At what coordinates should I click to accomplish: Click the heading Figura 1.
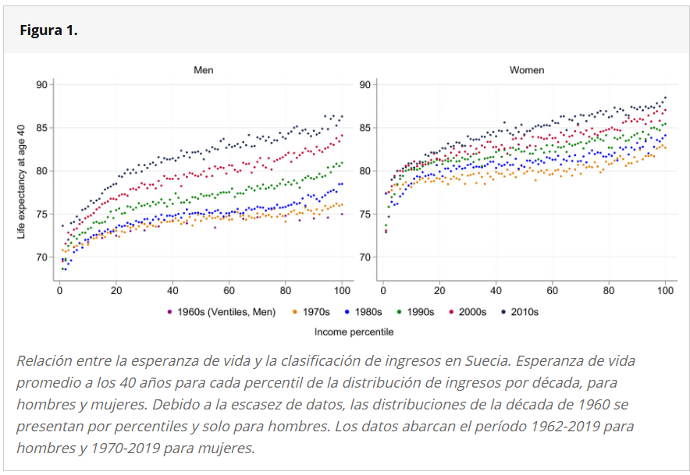click(48, 30)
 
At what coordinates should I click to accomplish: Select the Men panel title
click(204, 70)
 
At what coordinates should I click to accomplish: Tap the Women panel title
click(527, 70)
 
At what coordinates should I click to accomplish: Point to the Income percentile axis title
click(354, 331)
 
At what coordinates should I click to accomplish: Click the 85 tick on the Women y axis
click(364, 127)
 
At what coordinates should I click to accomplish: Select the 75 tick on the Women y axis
click(364, 214)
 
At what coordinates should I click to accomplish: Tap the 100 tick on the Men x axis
click(342, 290)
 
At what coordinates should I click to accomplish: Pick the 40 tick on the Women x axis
click(496, 290)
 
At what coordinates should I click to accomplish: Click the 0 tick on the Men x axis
click(59, 290)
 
